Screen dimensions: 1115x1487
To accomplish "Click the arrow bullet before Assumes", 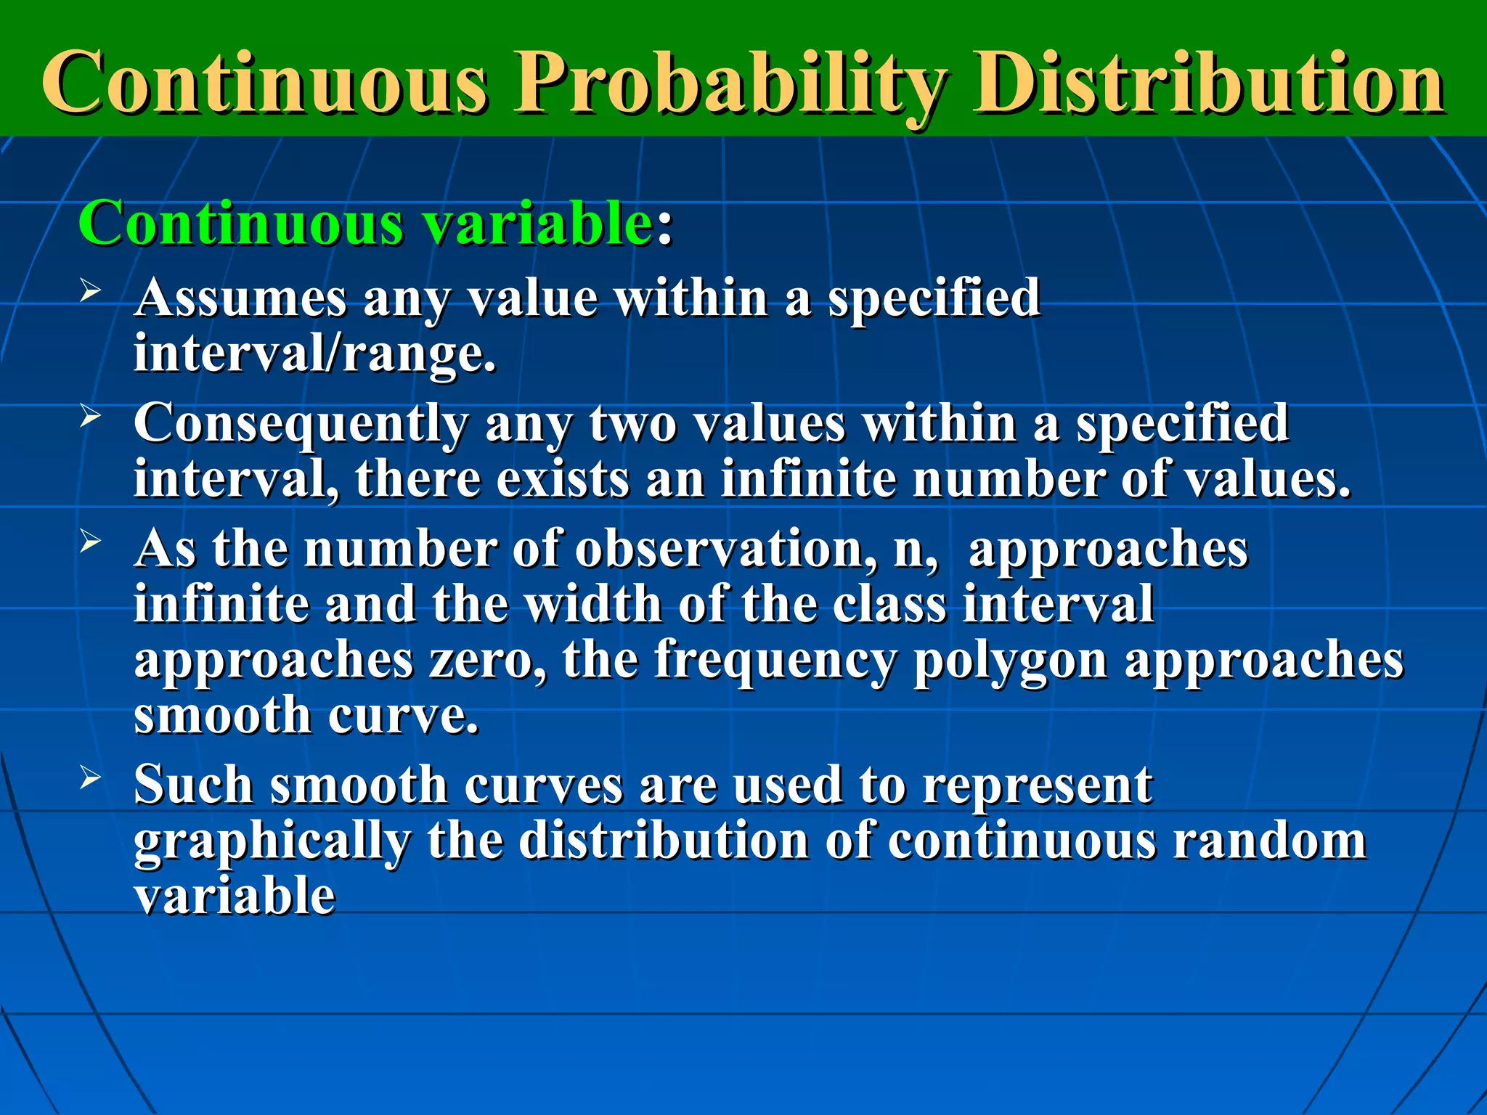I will point(90,292).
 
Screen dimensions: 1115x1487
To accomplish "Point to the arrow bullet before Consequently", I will point(90,417).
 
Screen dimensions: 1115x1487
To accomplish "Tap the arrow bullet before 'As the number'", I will point(90,542).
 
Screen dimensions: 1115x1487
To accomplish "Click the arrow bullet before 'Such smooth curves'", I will point(90,778).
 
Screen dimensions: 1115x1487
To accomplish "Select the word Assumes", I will point(240,298).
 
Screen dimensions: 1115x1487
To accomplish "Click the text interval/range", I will point(314,354).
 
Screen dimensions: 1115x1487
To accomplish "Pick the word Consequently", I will point(301,424).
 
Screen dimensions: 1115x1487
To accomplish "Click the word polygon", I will point(1010,662).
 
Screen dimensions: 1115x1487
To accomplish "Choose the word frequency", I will point(775,662).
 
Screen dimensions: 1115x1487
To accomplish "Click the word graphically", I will point(272,842).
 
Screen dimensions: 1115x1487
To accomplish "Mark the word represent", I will point(1036,785).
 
